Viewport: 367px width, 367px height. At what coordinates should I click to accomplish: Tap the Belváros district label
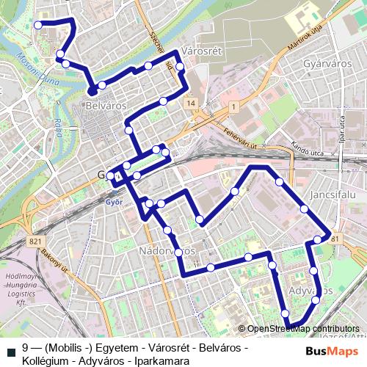pos(106,106)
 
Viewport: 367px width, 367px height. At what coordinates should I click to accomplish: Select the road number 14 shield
pos(192,104)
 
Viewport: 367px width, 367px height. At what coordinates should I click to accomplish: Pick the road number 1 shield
pos(233,107)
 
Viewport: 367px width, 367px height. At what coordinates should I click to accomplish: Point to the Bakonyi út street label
pos(51,256)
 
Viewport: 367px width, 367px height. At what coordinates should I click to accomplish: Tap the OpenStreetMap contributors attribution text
pos(302,329)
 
